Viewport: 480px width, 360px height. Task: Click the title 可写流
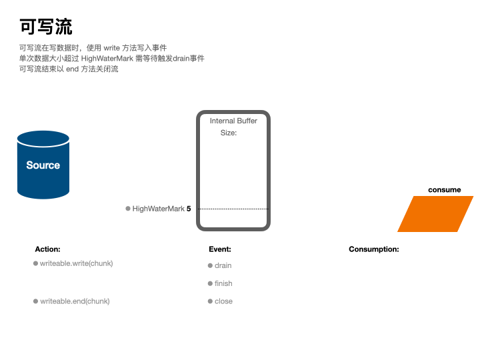[x=45, y=27]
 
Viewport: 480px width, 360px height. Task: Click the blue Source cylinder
[x=43, y=165]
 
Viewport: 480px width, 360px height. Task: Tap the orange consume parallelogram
[x=435, y=214]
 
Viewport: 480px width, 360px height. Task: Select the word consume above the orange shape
[x=444, y=190]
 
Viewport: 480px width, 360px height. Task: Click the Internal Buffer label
[x=233, y=121]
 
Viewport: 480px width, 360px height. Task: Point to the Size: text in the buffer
[x=229, y=133]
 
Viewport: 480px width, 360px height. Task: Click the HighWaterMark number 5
[x=189, y=209]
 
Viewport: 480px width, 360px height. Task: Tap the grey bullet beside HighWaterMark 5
[x=128, y=209]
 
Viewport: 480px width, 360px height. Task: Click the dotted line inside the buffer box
[x=233, y=209]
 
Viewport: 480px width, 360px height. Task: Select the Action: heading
[x=47, y=249]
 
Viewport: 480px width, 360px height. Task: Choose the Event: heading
[x=220, y=249]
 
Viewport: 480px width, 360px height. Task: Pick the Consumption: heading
[x=374, y=249]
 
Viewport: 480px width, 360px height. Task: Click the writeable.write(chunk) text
[x=77, y=263]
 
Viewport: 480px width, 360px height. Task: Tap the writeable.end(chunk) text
[x=75, y=301]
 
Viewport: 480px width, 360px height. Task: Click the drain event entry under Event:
[x=223, y=265]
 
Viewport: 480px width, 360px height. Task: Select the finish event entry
[x=223, y=283]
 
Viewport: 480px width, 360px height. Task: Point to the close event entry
[x=223, y=301]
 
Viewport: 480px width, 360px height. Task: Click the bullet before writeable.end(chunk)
[x=36, y=301]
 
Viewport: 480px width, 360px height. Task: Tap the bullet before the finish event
[x=210, y=283]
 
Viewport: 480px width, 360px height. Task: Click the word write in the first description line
[x=111, y=48]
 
